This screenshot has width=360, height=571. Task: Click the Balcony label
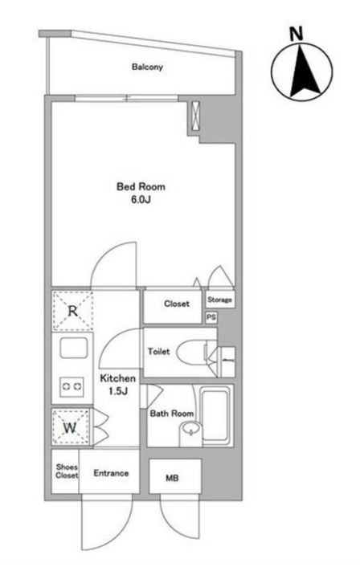pyautogui.click(x=147, y=67)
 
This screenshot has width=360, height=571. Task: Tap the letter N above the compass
pyautogui.click(x=297, y=35)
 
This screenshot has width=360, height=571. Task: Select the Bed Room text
pyautogui.click(x=141, y=187)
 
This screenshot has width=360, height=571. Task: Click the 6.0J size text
pyautogui.click(x=141, y=199)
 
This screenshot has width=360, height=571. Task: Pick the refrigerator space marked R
pyautogui.click(x=73, y=311)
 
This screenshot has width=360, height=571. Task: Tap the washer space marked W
pyautogui.click(x=71, y=426)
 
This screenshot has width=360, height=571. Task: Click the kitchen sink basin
pyautogui.click(x=74, y=348)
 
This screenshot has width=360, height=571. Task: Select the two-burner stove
pyautogui.click(x=72, y=385)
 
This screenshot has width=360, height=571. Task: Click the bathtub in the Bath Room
pyautogui.click(x=215, y=415)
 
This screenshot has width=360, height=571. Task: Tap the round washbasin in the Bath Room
pyautogui.click(x=191, y=429)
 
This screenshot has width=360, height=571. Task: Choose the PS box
pyautogui.click(x=211, y=317)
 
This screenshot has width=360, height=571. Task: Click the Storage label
pyautogui.click(x=219, y=300)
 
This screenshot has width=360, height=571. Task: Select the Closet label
pyautogui.click(x=177, y=304)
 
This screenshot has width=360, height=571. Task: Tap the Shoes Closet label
pyautogui.click(x=67, y=471)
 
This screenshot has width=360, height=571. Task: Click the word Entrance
pyautogui.click(x=111, y=473)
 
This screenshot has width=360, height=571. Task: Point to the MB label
pyautogui.click(x=172, y=478)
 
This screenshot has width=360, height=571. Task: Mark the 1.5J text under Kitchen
pyautogui.click(x=117, y=391)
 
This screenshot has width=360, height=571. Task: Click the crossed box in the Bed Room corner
pyautogui.click(x=195, y=115)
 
